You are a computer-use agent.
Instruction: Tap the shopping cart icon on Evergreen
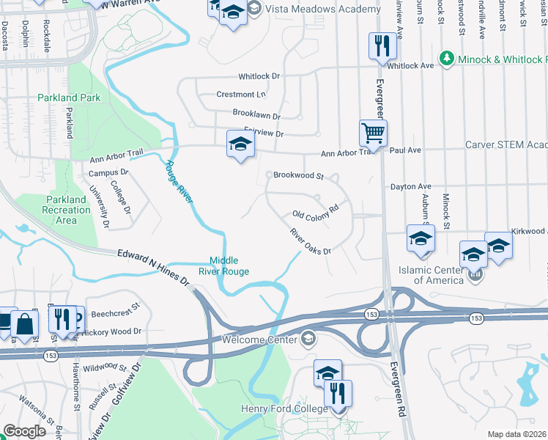click(374, 133)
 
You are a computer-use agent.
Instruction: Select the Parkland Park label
click(69, 98)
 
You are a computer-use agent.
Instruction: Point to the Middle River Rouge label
click(230, 265)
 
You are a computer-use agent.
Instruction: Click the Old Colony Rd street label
click(314, 210)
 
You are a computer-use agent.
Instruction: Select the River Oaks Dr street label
click(310, 241)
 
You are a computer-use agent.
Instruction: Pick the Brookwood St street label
click(298, 176)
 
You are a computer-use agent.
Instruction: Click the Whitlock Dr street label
click(259, 76)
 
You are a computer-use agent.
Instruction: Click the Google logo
click(24, 431)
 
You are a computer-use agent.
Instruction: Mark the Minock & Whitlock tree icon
click(445, 58)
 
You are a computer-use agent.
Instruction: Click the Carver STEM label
click(506, 144)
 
